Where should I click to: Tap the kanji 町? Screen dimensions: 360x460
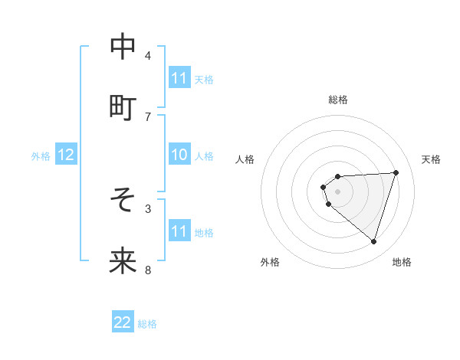click(123, 108)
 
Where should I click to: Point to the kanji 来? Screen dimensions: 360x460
click(123, 261)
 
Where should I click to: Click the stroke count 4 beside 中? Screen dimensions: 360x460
click(148, 55)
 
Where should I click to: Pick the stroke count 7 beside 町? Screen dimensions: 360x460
click(148, 116)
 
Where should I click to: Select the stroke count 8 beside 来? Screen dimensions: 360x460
click(148, 270)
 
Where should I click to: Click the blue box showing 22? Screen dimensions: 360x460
click(123, 323)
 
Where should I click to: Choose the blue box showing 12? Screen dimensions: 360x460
click(66, 155)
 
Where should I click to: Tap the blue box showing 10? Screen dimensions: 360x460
click(179, 155)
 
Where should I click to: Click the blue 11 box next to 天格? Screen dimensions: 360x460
click(179, 78)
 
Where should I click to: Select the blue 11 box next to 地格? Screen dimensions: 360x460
click(179, 231)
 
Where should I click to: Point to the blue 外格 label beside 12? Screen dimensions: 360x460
click(41, 156)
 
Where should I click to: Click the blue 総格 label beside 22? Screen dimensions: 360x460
click(148, 324)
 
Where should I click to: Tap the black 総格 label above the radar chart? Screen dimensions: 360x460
click(338, 100)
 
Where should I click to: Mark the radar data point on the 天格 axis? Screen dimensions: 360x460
click(396, 172)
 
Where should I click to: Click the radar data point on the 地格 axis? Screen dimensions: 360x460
click(373, 242)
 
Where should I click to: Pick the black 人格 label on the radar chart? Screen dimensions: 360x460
click(245, 159)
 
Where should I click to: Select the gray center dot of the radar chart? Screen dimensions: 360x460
click(338, 191)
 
